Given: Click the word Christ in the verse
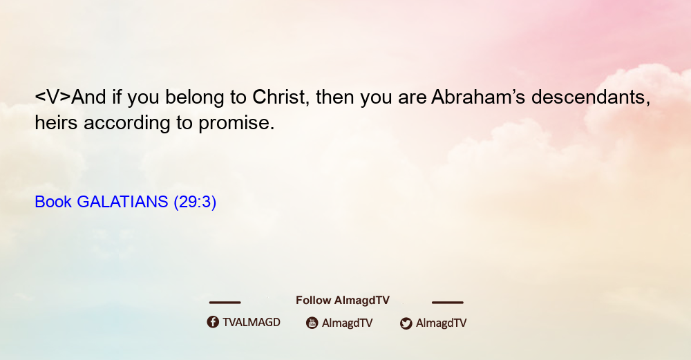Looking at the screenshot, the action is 278,97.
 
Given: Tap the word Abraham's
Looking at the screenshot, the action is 478,97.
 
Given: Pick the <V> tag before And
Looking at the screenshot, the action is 53,97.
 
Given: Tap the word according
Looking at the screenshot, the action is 127,124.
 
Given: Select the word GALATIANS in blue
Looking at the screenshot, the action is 122,202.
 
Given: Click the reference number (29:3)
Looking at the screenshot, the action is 195,202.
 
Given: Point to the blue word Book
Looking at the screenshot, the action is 53,202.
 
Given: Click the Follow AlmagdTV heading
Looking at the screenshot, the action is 343,300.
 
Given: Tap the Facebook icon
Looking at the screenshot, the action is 213,322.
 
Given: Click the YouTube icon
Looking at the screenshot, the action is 312,323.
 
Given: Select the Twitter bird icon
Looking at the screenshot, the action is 406,323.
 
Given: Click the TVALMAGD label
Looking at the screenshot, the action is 252,322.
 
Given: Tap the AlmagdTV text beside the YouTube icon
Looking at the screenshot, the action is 348,323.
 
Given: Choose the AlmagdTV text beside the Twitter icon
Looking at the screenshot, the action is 441,323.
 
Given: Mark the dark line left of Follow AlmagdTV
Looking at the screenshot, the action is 225,302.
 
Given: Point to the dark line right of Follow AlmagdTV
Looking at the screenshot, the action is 448,302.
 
